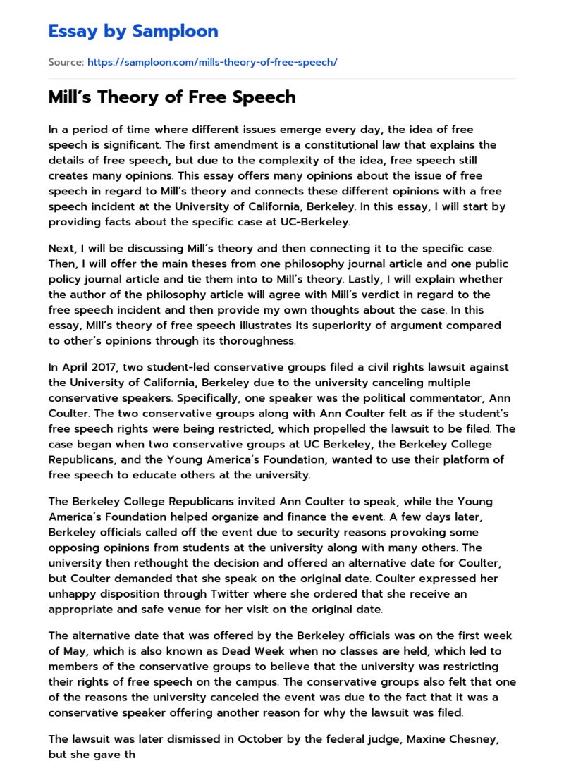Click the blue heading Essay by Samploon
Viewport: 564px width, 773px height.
pos(133,31)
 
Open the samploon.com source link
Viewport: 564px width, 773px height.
pos(212,62)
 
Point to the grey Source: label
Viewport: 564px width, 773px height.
pos(66,62)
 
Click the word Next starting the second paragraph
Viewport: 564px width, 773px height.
pos(61,249)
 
